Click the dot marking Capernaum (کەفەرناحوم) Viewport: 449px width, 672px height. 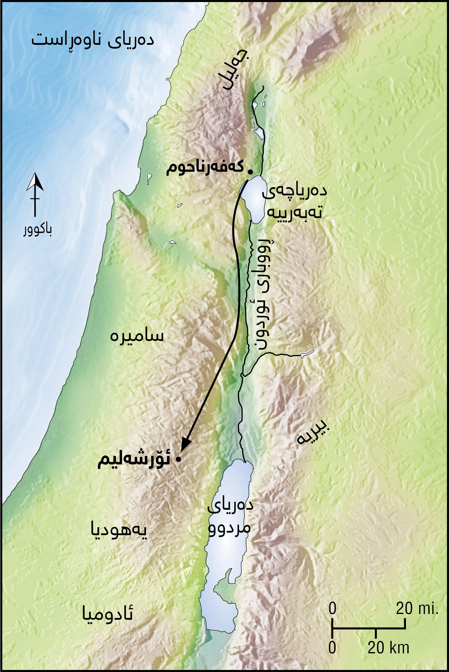pos(250,172)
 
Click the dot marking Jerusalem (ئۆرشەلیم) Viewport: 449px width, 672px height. pos(179,460)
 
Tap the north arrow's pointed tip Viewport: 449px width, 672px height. pos(35,173)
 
